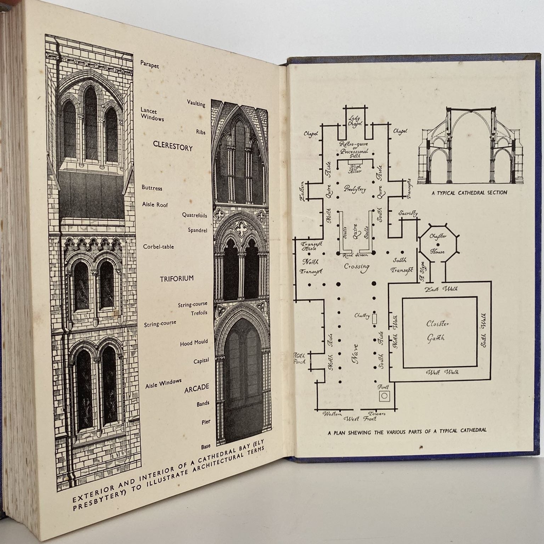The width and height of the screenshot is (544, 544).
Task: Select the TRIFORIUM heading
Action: pyautogui.click(x=177, y=278)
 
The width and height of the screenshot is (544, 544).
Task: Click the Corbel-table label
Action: pyautogui.click(x=158, y=246)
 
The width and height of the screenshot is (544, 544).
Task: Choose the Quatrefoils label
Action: pyautogui.click(x=194, y=215)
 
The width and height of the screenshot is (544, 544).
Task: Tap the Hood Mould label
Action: pyautogui.click(x=194, y=343)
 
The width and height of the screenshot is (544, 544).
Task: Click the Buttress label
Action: pyautogui.click(x=152, y=188)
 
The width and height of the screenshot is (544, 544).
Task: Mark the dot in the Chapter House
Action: pyautogui.click(x=438, y=244)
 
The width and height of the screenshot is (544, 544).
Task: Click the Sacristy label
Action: pyautogui.click(x=408, y=214)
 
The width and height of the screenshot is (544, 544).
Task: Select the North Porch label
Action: pyautogui.click(x=299, y=358)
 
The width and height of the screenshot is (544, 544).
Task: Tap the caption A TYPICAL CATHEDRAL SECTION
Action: pyautogui.click(x=469, y=193)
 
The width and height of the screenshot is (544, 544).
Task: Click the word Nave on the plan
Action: pyautogui.click(x=355, y=353)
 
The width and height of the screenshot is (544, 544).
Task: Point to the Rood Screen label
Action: pyautogui.click(x=356, y=255)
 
